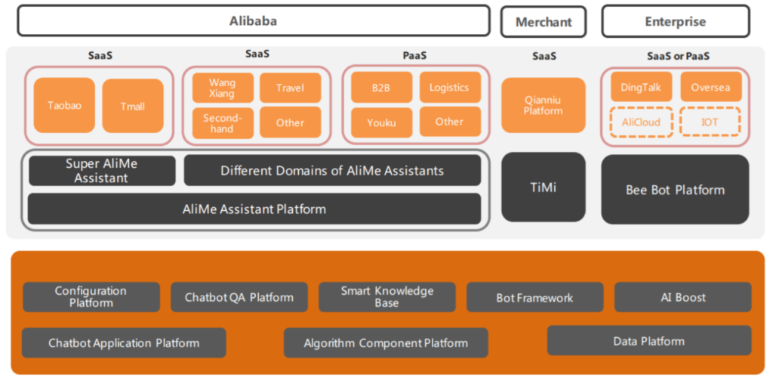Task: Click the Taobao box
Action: [x=64, y=106]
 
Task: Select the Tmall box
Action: [x=133, y=106]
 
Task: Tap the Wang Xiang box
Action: [x=223, y=88]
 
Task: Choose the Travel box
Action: [x=290, y=88]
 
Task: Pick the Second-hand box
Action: [x=223, y=122]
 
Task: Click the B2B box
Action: [x=381, y=88]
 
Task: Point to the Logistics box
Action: [x=449, y=88]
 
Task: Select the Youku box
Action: [x=381, y=122]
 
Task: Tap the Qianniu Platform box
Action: [x=543, y=105]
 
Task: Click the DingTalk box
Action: [x=641, y=87]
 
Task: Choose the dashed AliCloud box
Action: [x=641, y=122]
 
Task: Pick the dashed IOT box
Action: [x=710, y=122]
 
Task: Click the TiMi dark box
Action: [x=543, y=187]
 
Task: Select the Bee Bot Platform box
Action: [x=675, y=189]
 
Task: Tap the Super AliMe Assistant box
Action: [x=102, y=171]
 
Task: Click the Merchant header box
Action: [x=543, y=22]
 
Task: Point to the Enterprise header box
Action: [x=675, y=22]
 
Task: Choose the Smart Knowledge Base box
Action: [x=386, y=297]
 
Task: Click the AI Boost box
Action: [x=682, y=297]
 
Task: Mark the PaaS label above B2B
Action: [x=414, y=56]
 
